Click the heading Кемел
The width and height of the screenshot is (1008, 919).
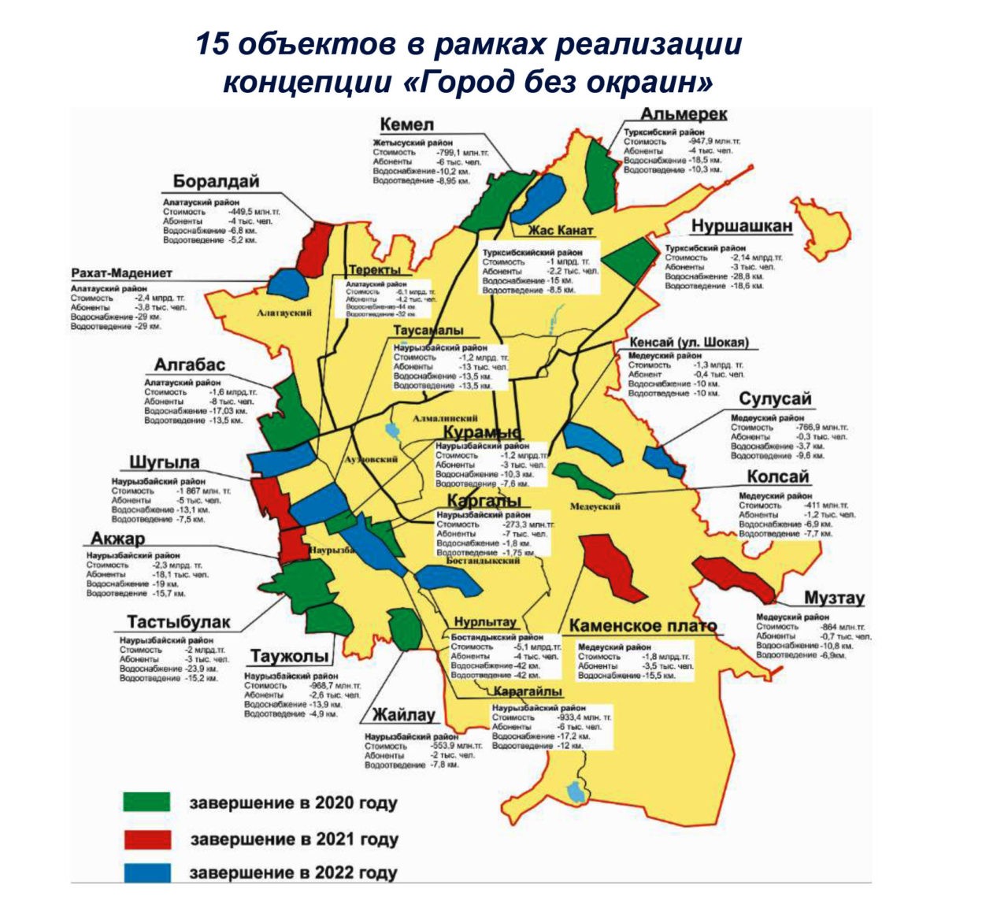click(406, 124)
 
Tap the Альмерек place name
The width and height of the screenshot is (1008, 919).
click(684, 115)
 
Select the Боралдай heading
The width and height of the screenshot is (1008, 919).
click(216, 181)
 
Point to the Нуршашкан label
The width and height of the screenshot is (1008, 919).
click(741, 226)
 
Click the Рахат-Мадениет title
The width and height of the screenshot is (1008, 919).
click(121, 273)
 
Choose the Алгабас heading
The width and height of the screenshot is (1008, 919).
click(189, 365)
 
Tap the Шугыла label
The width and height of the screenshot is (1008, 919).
click(165, 462)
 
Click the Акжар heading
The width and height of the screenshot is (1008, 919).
click(118, 539)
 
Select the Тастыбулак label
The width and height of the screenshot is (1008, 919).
click(179, 622)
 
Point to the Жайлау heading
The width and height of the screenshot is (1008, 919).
click(404, 715)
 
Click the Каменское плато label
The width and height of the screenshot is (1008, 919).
click(643, 626)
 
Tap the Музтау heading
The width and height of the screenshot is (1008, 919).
click(834, 598)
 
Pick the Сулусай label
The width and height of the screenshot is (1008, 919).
click(775, 399)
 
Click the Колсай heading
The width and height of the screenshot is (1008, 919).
click(777, 477)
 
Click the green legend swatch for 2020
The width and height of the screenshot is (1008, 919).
click(146, 802)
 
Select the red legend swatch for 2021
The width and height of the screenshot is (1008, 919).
click(146, 839)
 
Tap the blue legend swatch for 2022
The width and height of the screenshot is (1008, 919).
click(146, 873)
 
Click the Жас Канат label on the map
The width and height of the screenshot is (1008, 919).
click(560, 231)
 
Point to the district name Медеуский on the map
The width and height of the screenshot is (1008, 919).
click(595, 506)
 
